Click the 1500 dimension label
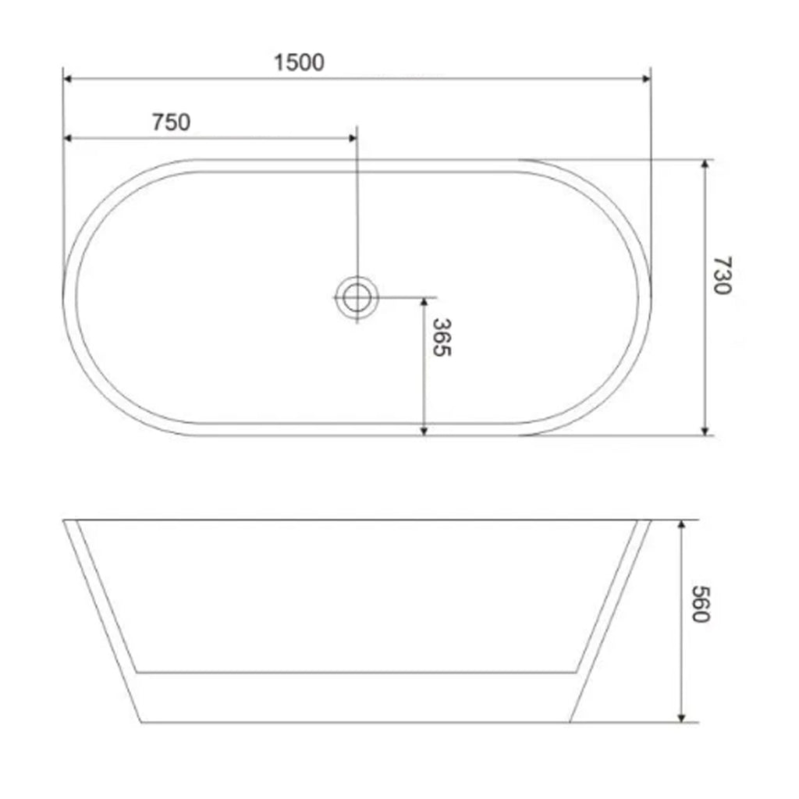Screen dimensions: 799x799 (x=299, y=63)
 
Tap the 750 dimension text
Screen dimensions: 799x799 (x=171, y=122)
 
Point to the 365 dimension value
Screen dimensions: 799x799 (x=442, y=337)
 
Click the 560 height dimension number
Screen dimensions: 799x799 (x=700, y=605)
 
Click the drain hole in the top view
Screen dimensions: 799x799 (x=357, y=297)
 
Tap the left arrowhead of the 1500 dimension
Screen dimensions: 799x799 (x=68, y=79)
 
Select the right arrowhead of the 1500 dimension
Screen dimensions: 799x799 (x=645, y=79)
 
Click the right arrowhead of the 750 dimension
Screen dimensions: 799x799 (x=352, y=138)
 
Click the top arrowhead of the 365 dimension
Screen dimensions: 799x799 (x=424, y=302)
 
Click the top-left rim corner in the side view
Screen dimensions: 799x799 (x=63, y=520)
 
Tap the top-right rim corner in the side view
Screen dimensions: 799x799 (x=652, y=520)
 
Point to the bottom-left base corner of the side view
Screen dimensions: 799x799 (x=140, y=722)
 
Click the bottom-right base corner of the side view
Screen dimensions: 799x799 (x=571, y=722)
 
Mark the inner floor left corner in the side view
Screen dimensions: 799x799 (x=137, y=671)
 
